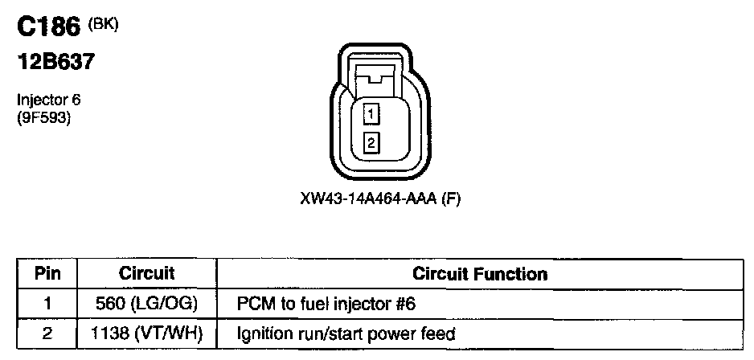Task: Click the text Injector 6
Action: pos(49,100)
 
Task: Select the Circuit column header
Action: pos(146,274)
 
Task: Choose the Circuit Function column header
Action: pos(479,274)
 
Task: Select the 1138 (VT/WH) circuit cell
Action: pos(146,333)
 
